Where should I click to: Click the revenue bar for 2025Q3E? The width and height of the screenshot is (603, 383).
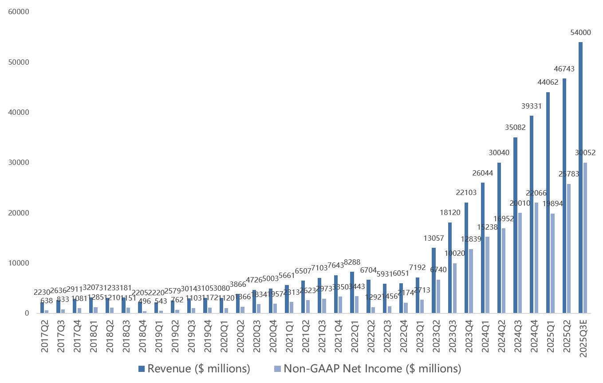(x=580, y=177)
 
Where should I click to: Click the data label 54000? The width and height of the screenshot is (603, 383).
(x=580, y=32)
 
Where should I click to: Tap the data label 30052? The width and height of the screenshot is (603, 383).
(x=585, y=153)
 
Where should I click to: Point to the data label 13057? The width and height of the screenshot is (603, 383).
(x=434, y=238)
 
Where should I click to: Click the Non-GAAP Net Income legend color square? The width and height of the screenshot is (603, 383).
(x=278, y=369)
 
